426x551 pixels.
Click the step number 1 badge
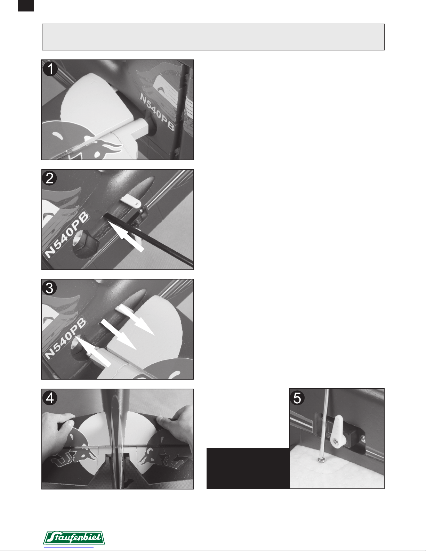click(x=50, y=69)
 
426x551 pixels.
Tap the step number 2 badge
click(x=50, y=178)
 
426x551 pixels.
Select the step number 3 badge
click(x=49, y=288)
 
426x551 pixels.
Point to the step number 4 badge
click(x=50, y=398)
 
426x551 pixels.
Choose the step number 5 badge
click(x=297, y=398)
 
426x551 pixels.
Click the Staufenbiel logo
click(x=74, y=537)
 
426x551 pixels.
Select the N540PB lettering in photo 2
click(x=67, y=235)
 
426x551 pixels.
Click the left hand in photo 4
click(x=59, y=431)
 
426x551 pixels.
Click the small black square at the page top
click(x=26, y=6)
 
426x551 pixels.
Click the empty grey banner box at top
click(x=213, y=37)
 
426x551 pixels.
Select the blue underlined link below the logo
click(x=69, y=548)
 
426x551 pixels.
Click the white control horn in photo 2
click(x=131, y=202)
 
